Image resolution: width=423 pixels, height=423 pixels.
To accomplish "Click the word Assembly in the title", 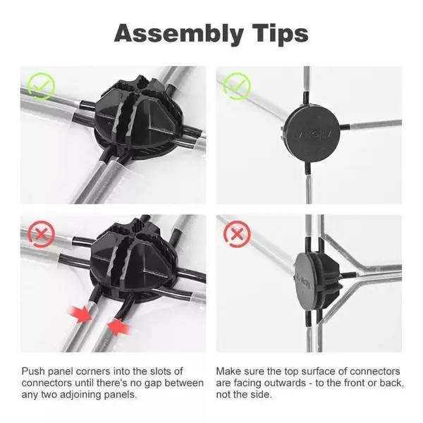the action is click(179, 35).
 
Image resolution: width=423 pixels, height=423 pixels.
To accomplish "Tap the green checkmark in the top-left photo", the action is click(42, 86).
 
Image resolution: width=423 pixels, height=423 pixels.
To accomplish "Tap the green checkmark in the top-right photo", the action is click(237, 86).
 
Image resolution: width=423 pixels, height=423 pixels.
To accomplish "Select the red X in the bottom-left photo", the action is click(42, 234).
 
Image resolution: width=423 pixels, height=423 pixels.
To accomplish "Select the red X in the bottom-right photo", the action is click(237, 233).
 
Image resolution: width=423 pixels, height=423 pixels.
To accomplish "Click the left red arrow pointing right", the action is click(80, 314).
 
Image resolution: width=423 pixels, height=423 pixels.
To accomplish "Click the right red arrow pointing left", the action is click(119, 326).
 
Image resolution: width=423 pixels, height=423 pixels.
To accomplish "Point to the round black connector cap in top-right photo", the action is click(312, 133).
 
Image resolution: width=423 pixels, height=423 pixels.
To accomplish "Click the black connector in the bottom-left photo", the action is click(133, 264).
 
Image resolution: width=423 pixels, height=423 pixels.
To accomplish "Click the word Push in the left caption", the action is click(33, 372).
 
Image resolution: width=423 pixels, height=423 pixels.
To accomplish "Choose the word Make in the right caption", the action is click(228, 372).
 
